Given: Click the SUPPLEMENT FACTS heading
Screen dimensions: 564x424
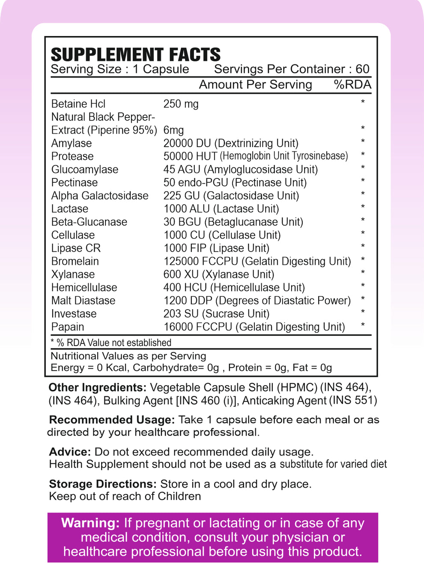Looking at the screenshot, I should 135,54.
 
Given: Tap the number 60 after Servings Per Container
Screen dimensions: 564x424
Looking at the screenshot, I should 362,69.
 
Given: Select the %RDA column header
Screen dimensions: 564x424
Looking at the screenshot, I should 352,84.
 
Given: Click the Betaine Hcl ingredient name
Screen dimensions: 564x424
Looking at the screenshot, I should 78,104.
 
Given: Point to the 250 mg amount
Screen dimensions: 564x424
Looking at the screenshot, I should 181,104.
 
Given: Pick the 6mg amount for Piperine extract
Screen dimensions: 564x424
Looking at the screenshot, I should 173,130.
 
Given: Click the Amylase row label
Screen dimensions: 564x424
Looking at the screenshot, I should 72,143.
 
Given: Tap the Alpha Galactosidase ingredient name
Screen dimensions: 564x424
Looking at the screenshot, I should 100,196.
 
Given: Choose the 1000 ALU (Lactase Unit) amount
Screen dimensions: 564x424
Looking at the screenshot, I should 221,209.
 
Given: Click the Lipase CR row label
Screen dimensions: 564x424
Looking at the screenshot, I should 76,248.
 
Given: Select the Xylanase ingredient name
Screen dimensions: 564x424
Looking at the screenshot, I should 73,274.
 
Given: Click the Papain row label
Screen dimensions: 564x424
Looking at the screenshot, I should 68,327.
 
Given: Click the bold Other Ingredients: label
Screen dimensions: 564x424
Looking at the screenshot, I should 98,387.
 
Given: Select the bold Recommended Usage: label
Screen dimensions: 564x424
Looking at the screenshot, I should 112,419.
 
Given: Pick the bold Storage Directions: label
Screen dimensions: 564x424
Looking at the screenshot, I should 103,484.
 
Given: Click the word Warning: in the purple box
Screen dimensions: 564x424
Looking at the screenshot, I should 90,523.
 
